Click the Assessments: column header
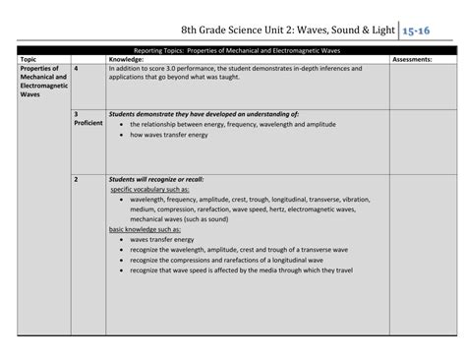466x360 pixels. point(414,59)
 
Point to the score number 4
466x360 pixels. point(77,68)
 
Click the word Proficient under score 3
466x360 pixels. point(87,123)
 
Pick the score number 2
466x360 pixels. point(77,179)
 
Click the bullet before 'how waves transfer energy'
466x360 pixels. point(120,135)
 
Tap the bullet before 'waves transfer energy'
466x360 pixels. point(120,238)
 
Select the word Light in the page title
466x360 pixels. point(384,30)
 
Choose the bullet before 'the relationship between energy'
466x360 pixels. point(120,125)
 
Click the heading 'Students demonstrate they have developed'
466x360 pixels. point(204,114)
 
